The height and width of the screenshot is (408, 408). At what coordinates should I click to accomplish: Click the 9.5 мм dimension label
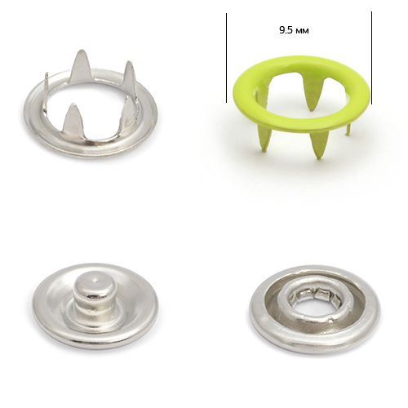coord(294,30)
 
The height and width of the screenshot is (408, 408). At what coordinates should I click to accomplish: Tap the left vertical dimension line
coord(226,58)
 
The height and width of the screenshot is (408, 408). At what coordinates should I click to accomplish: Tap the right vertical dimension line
coord(371,58)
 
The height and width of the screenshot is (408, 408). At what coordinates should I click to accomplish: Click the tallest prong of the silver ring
coord(80,66)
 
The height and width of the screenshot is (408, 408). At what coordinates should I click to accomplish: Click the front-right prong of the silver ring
coord(128,112)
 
